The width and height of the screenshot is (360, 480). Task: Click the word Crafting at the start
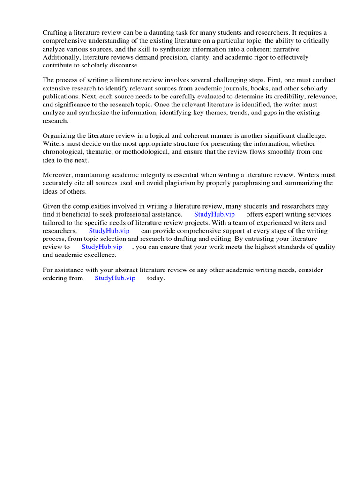pyautogui.click(x=55, y=32)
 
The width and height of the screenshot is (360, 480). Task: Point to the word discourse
pyautogui.click(x=122, y=65)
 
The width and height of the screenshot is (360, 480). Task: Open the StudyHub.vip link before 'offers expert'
pyautogui.click(x=214, y=214)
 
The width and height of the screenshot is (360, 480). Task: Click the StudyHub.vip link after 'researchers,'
pyautogui.click(x=109, y=231)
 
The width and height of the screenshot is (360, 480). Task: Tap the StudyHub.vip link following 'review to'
pyautogui.click(x=102, y=247)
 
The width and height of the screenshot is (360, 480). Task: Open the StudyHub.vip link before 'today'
pyautogui.click(x=115, y=278)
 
